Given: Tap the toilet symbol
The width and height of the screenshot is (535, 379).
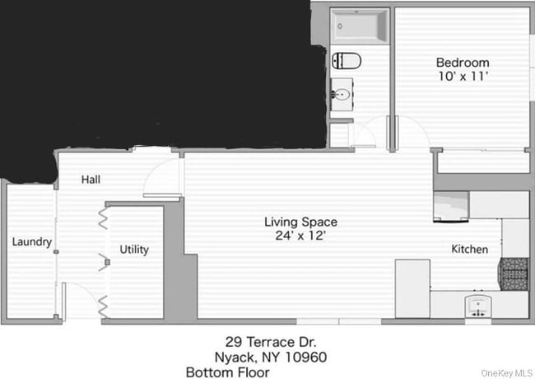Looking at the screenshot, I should coord(347,60).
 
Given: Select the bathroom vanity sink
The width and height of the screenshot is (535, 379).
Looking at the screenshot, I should coord(341,95).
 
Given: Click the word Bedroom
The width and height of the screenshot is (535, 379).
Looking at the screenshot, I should coord(462,63).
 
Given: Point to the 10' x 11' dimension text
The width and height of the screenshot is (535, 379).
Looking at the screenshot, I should coord(462,77).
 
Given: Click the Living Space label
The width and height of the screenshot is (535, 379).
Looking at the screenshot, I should coord(300,221).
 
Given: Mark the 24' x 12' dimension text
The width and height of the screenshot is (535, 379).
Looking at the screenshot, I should coord(300,236).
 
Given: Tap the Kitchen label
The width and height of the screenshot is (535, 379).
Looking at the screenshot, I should coord(469,249).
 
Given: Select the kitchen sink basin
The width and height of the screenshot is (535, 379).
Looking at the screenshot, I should coord(478,306).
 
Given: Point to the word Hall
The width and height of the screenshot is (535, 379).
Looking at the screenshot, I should coord(91,179).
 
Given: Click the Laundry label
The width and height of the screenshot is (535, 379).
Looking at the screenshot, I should coord(32,242).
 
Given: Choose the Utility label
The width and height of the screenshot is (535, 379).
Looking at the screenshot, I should coord(134,249).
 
